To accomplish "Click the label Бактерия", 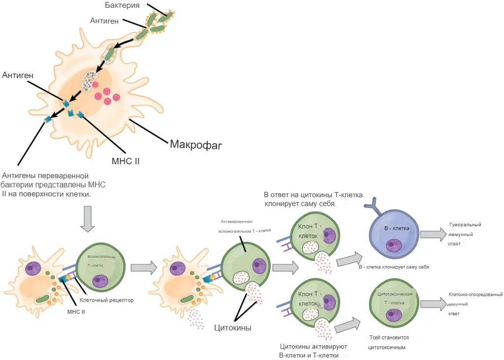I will [123, 5].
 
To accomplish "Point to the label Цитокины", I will [233, 328].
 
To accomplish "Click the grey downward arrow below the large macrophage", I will [88, 218].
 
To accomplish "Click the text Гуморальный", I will [465, 225].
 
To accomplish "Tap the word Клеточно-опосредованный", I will [475, 295].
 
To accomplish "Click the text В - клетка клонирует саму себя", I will [394, 267].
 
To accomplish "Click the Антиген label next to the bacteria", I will [105, 21].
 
